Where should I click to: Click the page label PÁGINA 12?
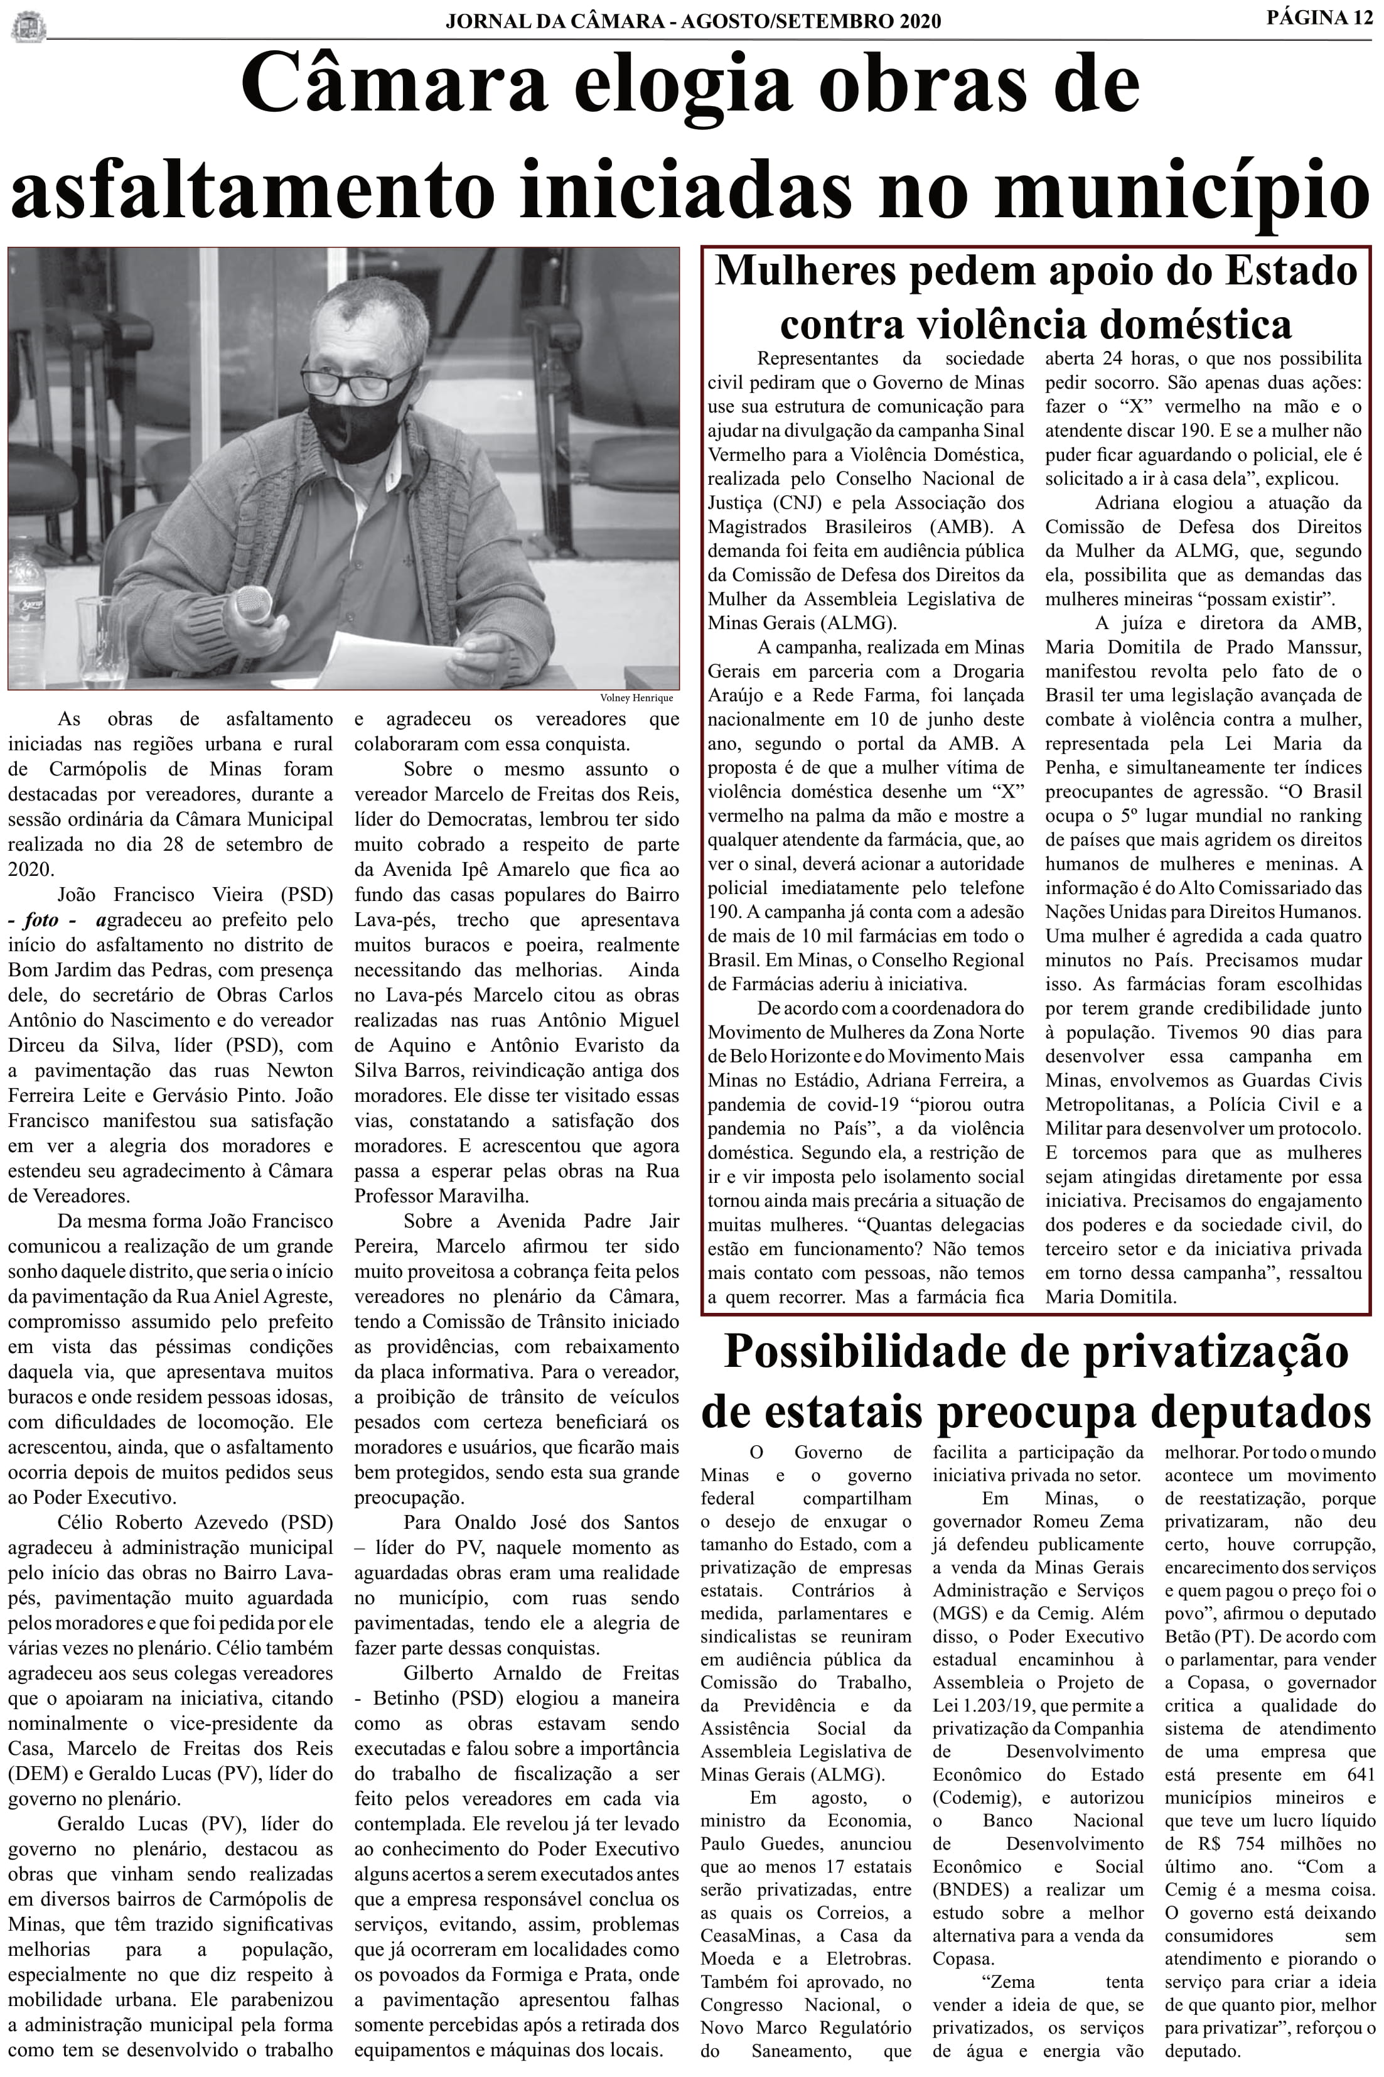(1319, 18)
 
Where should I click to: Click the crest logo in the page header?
(28, 26)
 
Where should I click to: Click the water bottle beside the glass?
(26, 609)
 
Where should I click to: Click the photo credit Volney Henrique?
(635, 698)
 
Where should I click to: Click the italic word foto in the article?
(41, 920)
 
